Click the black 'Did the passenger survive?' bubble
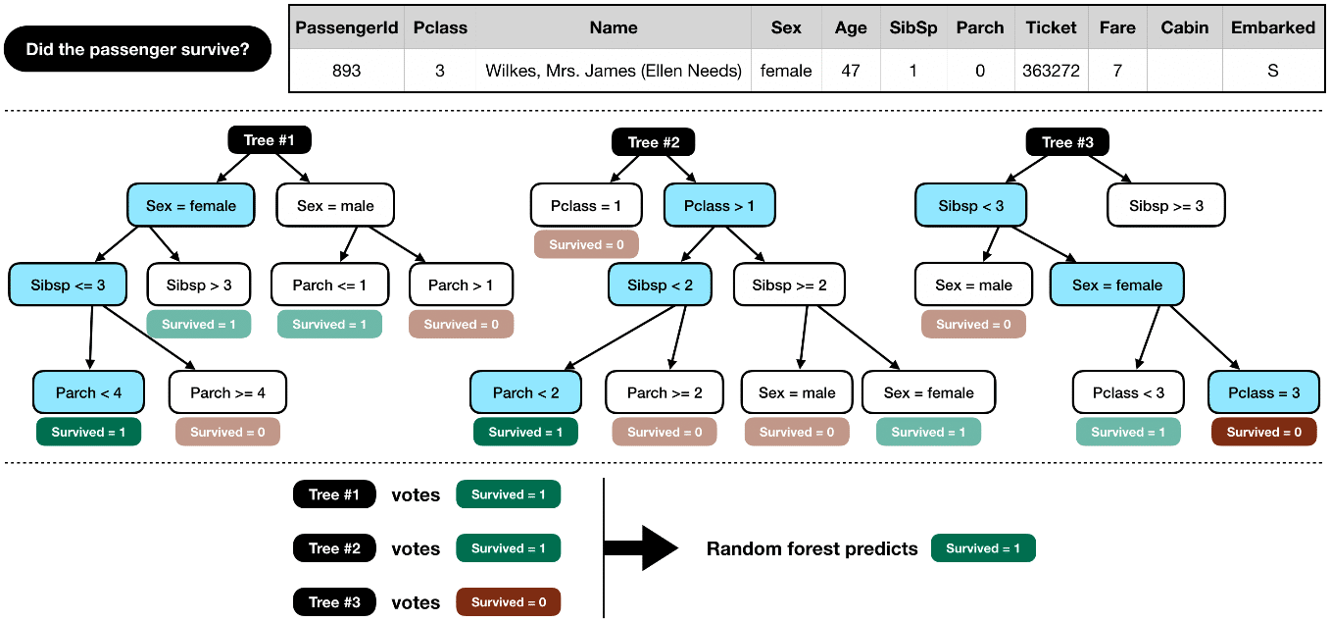pos(137,49)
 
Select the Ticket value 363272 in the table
pos(1051,71)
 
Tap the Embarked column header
pos(1273,27)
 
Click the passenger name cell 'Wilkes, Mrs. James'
pos(614,71)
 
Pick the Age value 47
pos(850,71)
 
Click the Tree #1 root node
pos(269,140)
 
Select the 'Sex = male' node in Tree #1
pos(335,206)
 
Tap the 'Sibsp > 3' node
pos(199,285)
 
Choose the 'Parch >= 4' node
pos(227,392)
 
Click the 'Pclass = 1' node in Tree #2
pos(586,206)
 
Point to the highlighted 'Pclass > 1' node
pos(719,206)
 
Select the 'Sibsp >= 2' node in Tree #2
pos(789,285)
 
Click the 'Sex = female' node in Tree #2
pos(928,392)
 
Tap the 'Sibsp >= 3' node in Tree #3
pos(1166,206)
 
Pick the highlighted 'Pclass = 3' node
pos(1262,392)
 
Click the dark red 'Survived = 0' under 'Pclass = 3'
pos(1263,432)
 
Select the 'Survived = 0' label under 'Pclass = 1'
pos(586,244)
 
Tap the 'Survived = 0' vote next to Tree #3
pos(508,602)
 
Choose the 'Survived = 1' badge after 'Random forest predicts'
pos(983,548)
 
